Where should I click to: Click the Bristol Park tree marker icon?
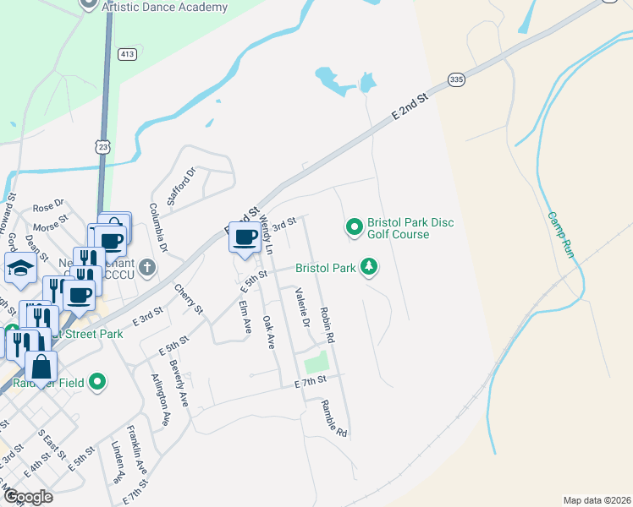click(369, 267)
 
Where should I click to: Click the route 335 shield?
click(456, 79)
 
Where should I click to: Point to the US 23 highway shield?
click(103, 146)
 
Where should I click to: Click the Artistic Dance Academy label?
click(164, 8)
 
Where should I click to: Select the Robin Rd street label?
click(328, 324)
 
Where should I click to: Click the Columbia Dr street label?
click(158, 227)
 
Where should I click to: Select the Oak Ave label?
click(269, 332)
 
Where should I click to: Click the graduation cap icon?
click(21, 270)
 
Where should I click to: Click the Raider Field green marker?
click(97, 382)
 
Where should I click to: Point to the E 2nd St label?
click(411, 106)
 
